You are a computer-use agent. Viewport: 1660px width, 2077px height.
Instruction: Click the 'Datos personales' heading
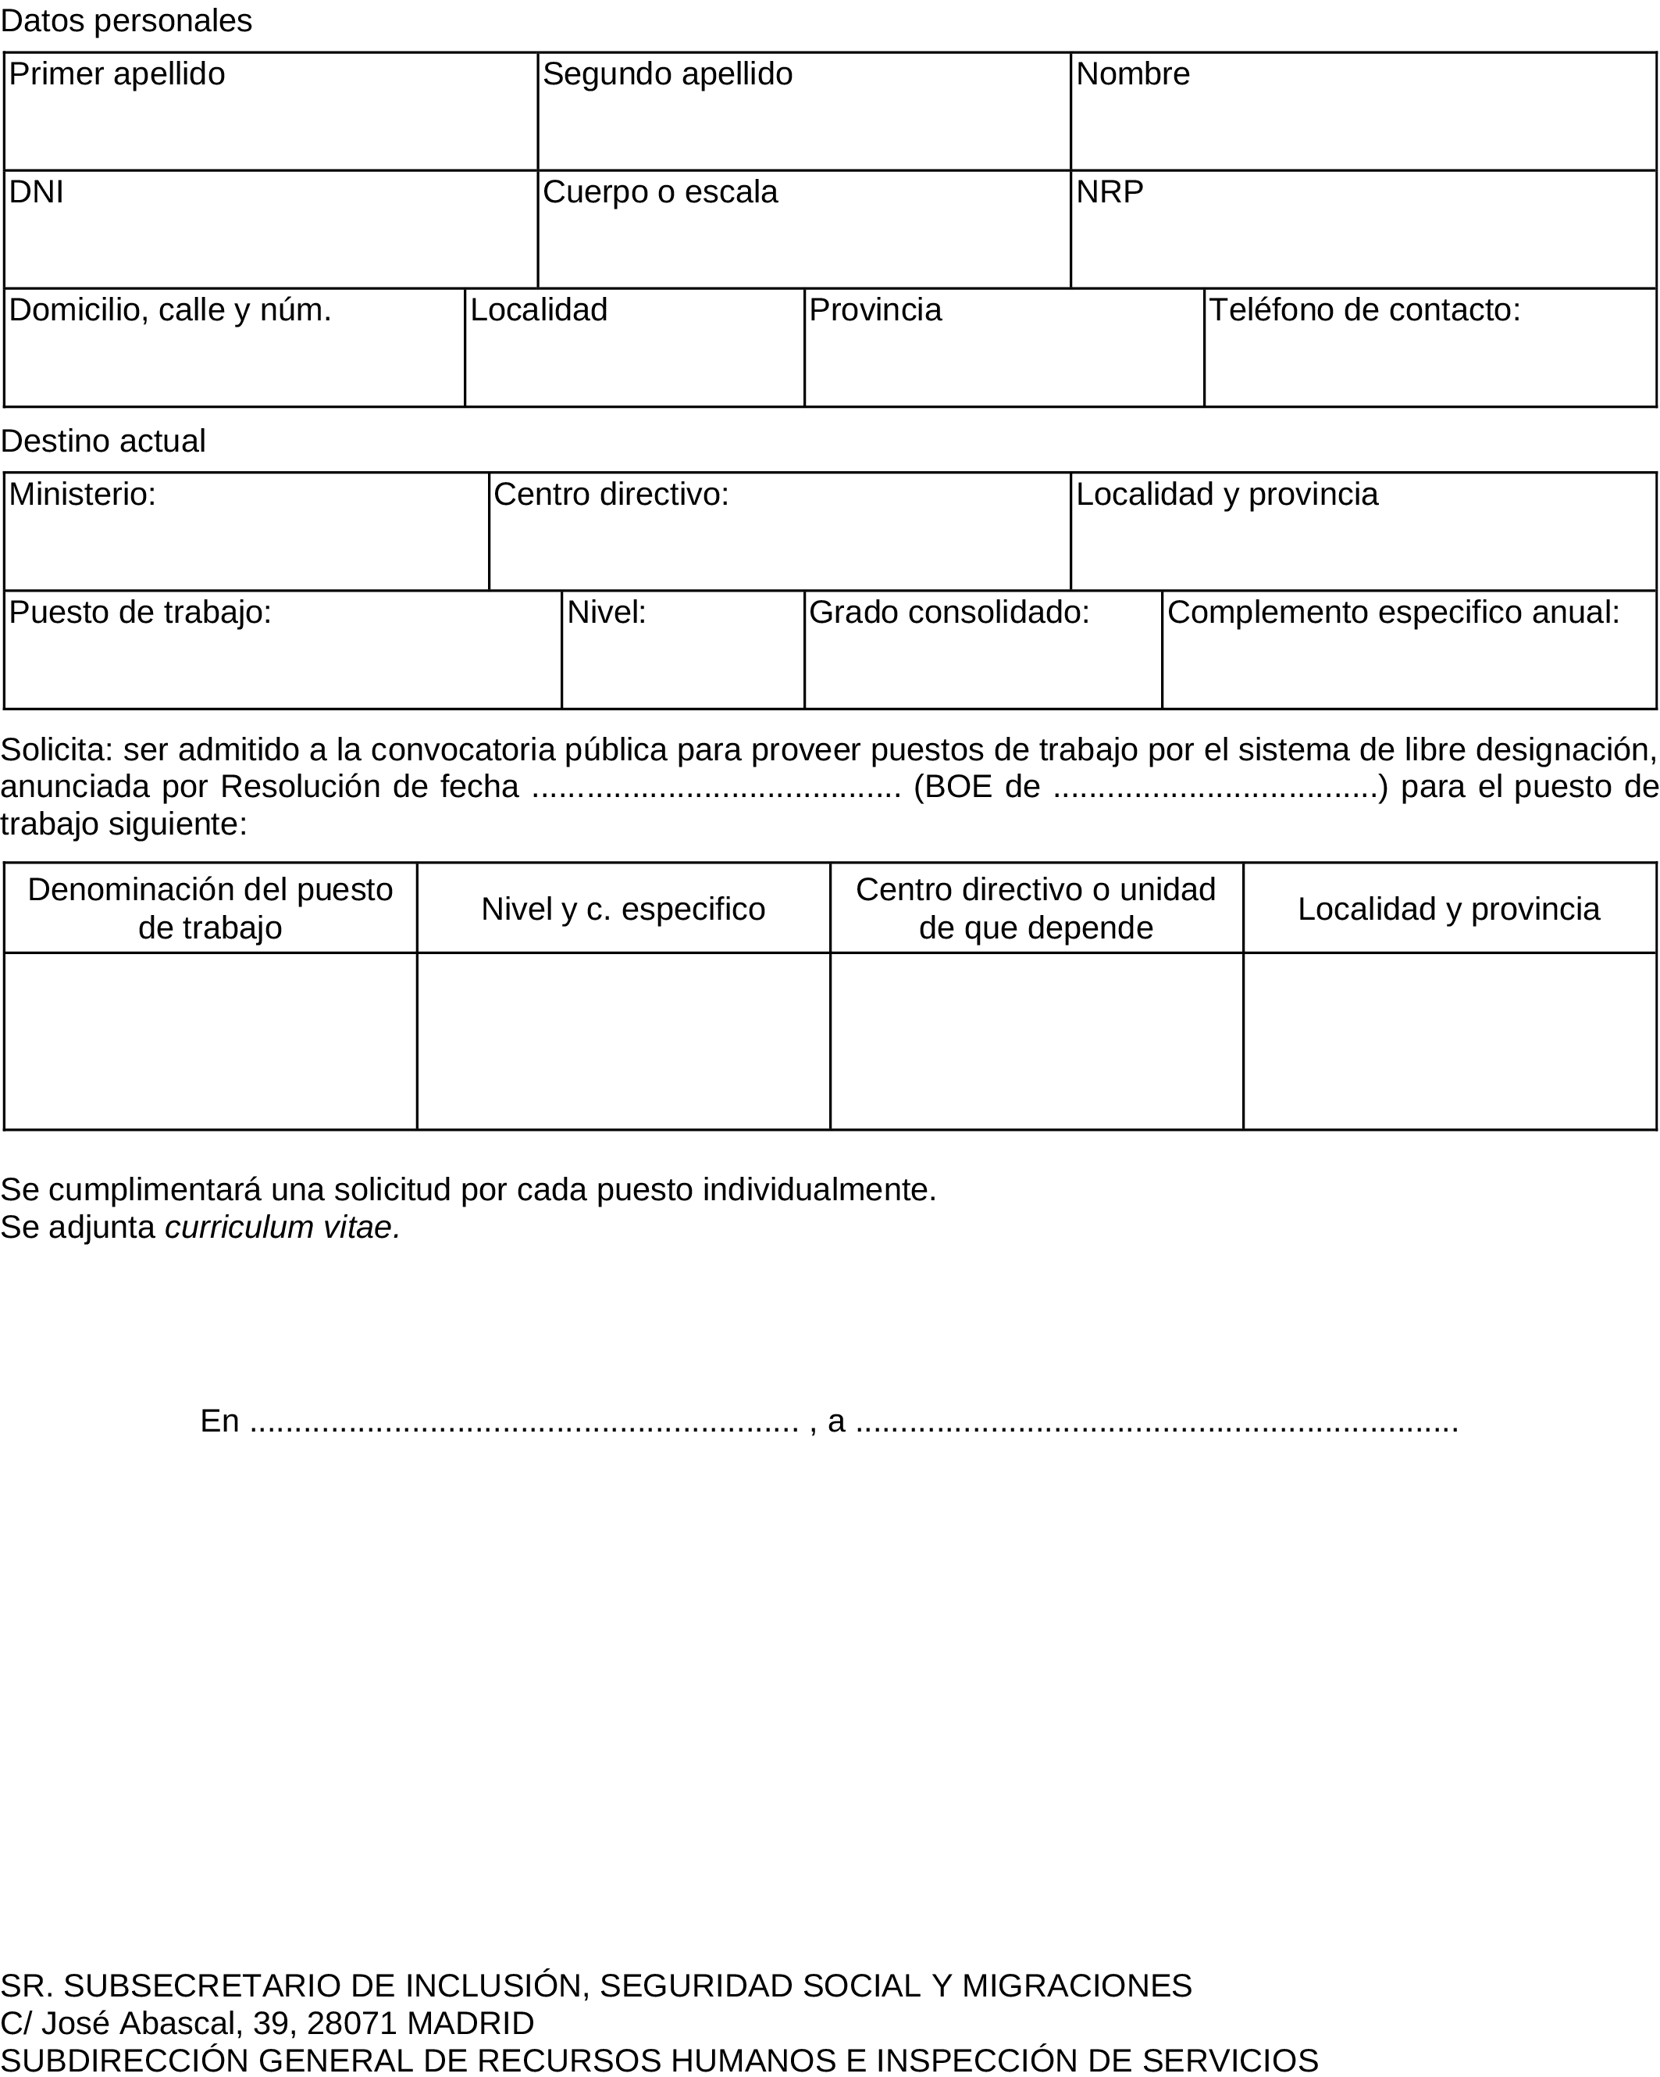(126, 20)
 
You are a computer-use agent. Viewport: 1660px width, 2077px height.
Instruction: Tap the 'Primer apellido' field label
(116, 74)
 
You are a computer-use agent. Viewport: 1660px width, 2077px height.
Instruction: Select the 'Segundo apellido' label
(668, 74)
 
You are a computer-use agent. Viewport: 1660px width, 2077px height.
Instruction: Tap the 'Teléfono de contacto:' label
(1364, 310)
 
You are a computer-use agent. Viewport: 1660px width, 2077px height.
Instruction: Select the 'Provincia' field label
(875, 310)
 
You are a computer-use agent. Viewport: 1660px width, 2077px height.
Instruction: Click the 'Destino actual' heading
(103, 441)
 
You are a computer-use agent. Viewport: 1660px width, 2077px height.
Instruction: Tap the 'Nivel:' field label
(606, 613)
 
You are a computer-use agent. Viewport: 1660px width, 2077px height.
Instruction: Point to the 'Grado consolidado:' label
(949, 613)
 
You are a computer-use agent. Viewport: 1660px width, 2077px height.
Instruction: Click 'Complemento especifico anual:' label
(1393, 613)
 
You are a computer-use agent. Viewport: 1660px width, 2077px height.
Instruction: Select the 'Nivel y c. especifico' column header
(623, 910)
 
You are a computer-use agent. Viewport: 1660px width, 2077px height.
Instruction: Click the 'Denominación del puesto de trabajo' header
(210, 909)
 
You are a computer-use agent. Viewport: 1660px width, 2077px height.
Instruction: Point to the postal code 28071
(351, 2022)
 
